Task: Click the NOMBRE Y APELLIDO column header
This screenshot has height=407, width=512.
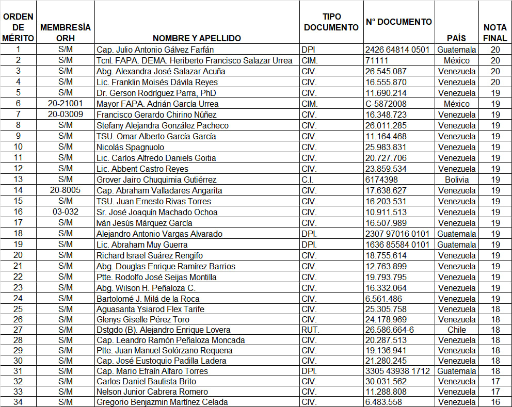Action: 197,38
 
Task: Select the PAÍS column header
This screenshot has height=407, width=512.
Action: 456,38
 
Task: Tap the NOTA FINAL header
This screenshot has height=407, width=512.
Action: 495,33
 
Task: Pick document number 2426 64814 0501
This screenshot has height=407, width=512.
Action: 397,50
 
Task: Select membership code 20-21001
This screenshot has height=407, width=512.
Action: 65,104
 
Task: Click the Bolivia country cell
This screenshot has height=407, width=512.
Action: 456,180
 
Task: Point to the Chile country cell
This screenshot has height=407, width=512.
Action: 456,330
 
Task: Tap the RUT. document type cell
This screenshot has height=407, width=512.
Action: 310,330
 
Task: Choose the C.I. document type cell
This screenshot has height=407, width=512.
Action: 309,180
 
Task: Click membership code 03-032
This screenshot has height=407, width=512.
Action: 65,212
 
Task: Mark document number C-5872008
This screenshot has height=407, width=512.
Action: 386,104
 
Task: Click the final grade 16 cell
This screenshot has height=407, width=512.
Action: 495,402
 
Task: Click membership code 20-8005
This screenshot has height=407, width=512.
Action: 65,190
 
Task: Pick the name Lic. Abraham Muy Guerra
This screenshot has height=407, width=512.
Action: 142,245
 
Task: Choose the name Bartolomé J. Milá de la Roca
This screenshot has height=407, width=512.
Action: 148,299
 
